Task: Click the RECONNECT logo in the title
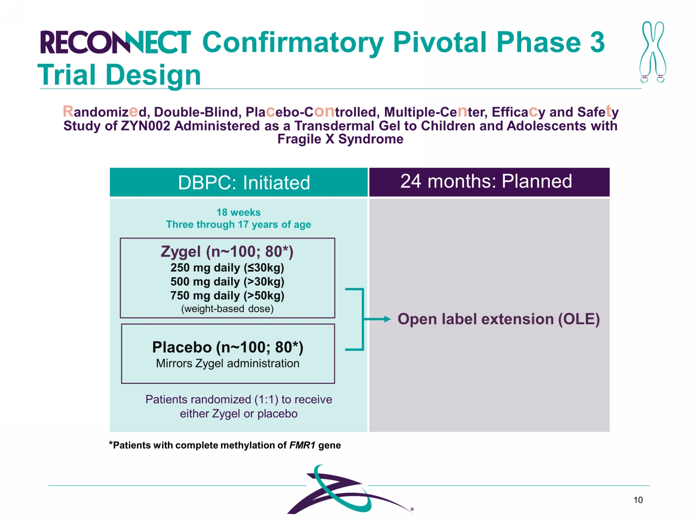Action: [x=115, y=42]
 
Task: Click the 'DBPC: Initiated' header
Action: [x=244, y=183]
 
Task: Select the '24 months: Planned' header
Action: [x=486, y=181]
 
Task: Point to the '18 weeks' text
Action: [x=238, y=212]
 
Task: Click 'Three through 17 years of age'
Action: [x=238, y=225]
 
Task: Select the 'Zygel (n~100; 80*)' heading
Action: [x=227, y=252]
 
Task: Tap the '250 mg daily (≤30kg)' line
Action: [x=227, y=268]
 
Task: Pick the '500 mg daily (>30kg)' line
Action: [x=227, y=282]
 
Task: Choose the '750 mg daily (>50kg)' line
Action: [x=227, y=296]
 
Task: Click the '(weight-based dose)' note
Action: [x=227, y=309]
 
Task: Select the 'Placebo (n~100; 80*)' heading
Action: [x=228, y=347]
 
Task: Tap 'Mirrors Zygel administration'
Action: [x=228, y=363]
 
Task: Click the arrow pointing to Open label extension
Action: [x=378, y=319]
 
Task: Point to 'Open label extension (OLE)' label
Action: [x=498, y=319]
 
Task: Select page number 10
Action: [x=638, y=500]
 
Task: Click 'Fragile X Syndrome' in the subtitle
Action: [x=340, y=139]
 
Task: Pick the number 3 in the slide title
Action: [x=597, y=42]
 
